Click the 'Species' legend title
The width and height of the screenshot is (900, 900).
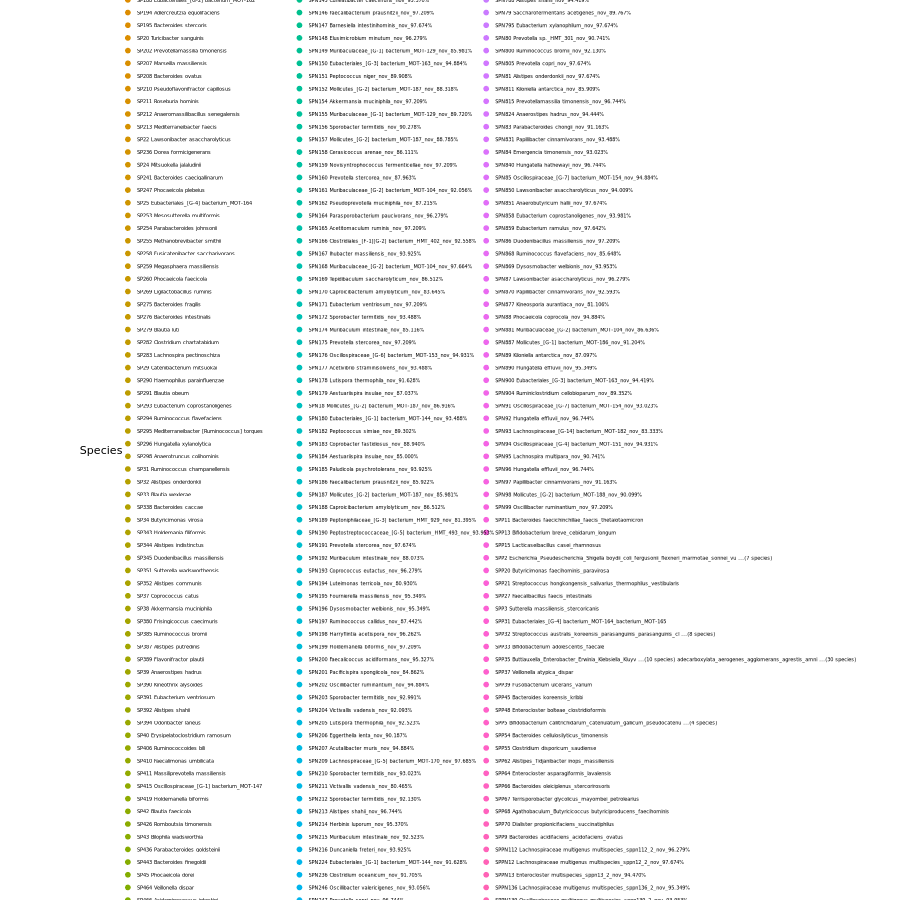(x=101, y=451)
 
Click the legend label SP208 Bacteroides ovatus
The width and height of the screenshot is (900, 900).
(x=169, y=76)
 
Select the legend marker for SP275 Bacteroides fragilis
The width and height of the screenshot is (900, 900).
(x=127, y=304)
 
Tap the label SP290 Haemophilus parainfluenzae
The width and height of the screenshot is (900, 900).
(x=180, y=380)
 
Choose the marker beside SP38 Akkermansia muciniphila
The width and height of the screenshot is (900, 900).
(x=127, y=608)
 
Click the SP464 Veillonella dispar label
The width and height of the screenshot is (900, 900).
(x=165, y=887)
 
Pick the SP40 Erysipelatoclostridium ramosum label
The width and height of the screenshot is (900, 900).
(x=183, y=735)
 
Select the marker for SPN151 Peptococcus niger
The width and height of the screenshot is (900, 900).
(x=299, y=76)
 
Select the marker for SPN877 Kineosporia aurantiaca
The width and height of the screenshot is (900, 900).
(x=486, y=304)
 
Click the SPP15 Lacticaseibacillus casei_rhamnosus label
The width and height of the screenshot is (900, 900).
(x=547, y=545)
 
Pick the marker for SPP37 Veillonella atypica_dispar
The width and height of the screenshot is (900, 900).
(x=486, y=672)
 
